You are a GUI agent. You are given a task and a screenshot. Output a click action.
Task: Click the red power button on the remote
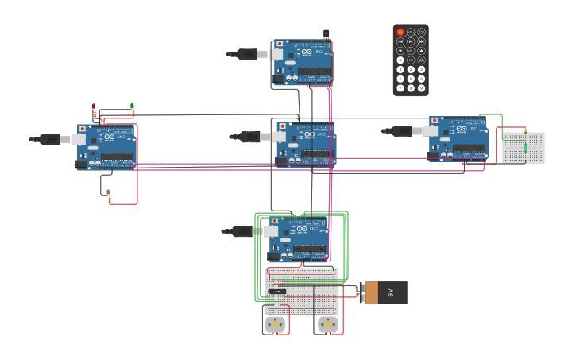click(x=400, y=33)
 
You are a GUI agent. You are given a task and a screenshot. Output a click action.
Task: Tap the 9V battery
click(x=386, y=292)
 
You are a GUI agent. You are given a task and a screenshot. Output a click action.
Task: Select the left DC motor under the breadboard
click(x=274, y=324)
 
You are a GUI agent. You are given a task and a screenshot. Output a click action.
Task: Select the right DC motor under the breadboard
click(x=328, y=324)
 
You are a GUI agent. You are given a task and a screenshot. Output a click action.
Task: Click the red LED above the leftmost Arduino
click(x=94, y=106)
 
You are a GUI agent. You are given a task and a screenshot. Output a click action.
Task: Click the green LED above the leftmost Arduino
click(x=132, y=106)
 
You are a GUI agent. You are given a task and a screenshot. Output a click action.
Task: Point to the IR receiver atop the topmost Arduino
click(x=326, y=33)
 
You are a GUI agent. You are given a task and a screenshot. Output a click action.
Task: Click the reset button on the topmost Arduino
click(x=279, y=44)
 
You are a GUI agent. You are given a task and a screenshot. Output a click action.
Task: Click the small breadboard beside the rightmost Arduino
click(x=524, y=148)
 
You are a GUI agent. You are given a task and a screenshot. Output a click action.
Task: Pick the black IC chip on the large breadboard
click(x=276, y=291)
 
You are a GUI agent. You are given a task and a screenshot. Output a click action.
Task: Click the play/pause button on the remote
click(x=411, y=41)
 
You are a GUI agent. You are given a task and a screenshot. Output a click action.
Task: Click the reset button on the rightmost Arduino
click(x=434, y=122)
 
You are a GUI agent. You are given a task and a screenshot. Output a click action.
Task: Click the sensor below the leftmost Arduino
click(x=108, y=193)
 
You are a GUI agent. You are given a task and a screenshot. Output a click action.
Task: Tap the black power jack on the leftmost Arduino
click(x=81, y=164)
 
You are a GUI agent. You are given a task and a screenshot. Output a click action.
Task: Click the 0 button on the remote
click(x=400, y=60)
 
